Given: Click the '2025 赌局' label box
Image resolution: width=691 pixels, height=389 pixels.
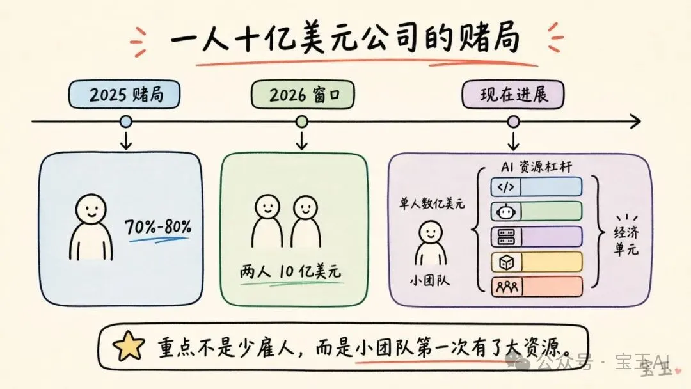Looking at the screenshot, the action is (124, 94).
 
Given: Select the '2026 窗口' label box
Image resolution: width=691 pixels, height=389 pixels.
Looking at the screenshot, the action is (303, 94).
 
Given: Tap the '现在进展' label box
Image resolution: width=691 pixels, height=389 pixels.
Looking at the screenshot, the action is (513, 94).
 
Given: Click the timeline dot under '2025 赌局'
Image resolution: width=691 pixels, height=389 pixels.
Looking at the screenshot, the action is (126, 122).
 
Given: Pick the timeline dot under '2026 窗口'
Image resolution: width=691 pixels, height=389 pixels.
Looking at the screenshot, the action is (302, 122).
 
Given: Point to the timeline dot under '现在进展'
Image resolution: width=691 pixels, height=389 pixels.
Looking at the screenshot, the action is (513, 122).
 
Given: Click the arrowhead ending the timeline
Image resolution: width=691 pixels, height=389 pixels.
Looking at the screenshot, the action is (635, 121).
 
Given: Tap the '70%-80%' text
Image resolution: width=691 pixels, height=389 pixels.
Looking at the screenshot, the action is (158, 226).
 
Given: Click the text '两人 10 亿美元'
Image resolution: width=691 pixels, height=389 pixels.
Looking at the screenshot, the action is (291, 271).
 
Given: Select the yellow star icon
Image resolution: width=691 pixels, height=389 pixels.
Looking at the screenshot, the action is (128, 346).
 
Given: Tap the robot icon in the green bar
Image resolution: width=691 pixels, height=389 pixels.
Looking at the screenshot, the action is (505, 212).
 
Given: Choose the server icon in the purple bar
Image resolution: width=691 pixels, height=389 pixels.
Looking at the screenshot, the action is (506, 237).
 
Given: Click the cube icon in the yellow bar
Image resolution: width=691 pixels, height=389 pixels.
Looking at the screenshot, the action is (506, 262).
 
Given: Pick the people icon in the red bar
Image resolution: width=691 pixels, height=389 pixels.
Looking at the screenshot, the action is (507, 287).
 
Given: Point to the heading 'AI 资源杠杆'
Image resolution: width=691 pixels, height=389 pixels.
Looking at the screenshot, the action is (536, 166).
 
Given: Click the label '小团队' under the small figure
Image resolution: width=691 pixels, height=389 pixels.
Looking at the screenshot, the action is (430, 280).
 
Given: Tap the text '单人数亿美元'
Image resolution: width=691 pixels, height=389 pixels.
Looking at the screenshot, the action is (432, 204).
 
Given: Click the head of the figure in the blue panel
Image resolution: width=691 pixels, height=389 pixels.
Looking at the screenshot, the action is (91, 210).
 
